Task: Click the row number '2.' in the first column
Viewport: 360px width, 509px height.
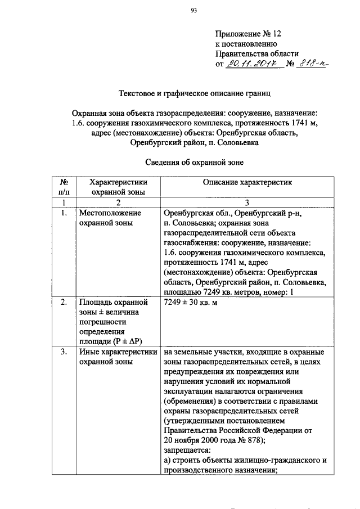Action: pyautogui.click(x=65, y=303)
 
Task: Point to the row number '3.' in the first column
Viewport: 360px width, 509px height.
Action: pyautogui.click(x=65, y=353)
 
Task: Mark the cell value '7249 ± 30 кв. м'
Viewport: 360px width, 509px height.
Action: pyautogui.click(x=190, y=303)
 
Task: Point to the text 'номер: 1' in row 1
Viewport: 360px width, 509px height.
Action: pyautogui.click(x=278, y=291)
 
